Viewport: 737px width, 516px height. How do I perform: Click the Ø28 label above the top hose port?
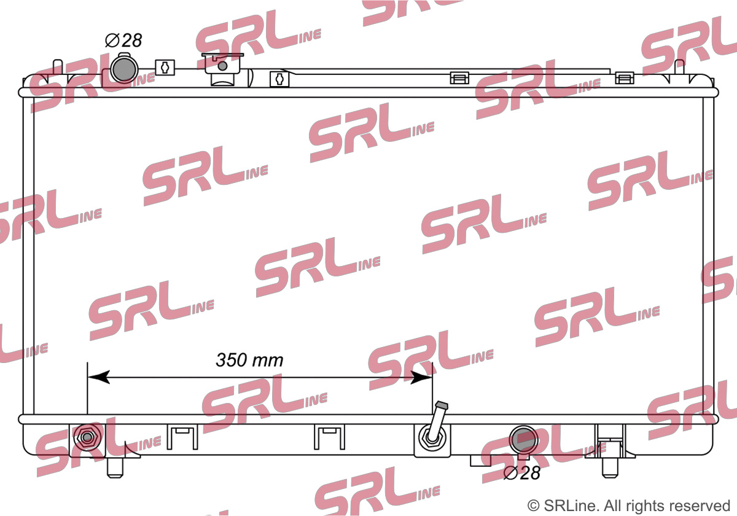pyautogui.click(x=123, y=41)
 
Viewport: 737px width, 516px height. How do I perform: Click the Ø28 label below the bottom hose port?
pyautogui.click(x=522, y=473)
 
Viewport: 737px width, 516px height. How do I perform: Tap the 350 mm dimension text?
pyautogui.click(x=249, y=360)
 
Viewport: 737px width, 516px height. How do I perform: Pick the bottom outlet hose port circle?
pyautogui.click(x=523, y=440)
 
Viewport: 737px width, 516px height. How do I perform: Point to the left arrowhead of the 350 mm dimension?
pyautogui.click(x=98, y=377)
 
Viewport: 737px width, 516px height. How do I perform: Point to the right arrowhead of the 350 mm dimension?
pyautogui.click(x=421, y=377)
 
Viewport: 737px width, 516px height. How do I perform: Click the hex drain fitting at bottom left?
pyautogui.click(x=87, y=437)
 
